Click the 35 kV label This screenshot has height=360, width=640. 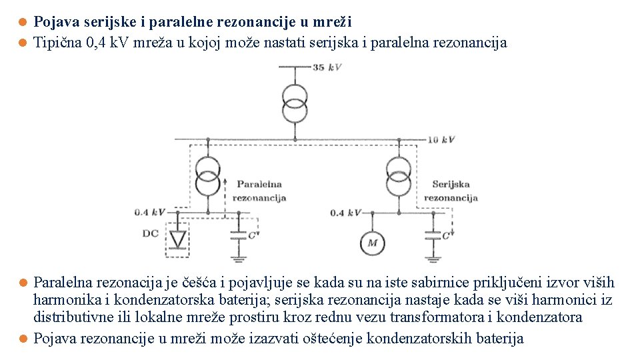click(326, 68)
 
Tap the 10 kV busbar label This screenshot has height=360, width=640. click(441, 139)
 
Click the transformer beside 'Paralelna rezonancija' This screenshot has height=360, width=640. click(208, 175)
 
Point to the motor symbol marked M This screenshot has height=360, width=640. click(372, 243)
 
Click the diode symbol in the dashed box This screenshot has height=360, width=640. click(177, 238)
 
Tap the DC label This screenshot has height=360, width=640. click(151, 234)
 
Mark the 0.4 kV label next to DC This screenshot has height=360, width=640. click(149, 213)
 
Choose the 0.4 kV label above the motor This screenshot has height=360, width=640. click(346, 213)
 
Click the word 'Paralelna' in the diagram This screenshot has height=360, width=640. click(259, 184)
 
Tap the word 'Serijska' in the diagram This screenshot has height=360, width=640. click(451, 184)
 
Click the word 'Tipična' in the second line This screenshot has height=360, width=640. click(58, 43)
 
